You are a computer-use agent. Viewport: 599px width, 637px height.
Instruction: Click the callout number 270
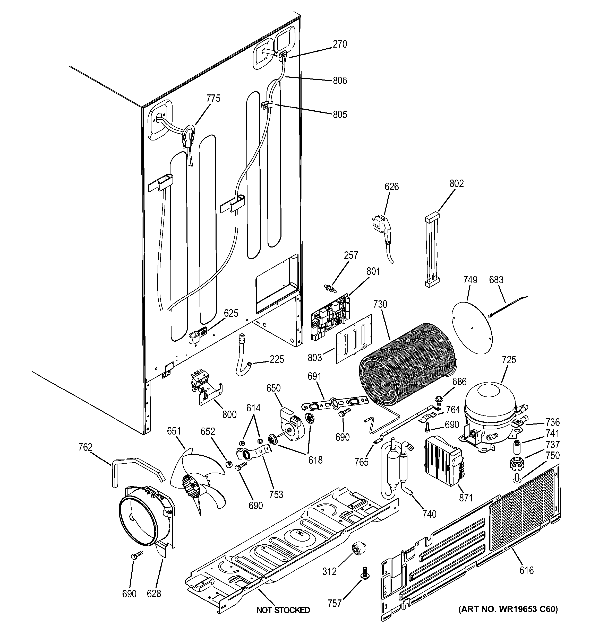pos(340,44)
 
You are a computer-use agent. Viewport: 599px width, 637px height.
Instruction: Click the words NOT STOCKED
pos(283,610)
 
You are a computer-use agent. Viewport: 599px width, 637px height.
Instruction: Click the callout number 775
pos(213,98)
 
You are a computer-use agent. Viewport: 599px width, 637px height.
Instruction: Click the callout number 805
pos(340,114)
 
